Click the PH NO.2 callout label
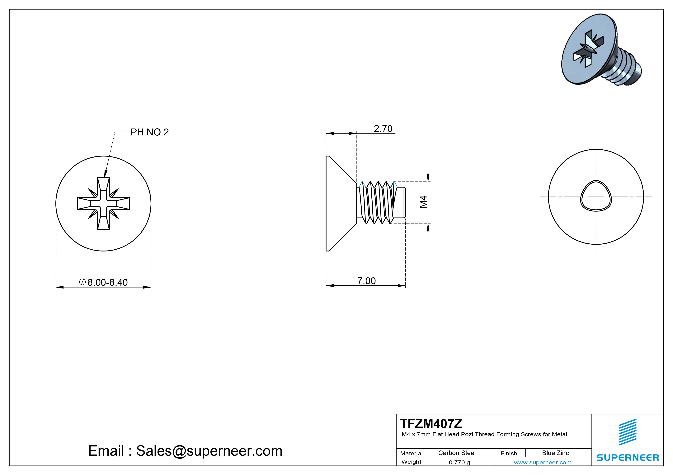[149, 132]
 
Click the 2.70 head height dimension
[383, 129]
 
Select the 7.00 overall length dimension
[366, 281]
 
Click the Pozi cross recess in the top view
[103, 203]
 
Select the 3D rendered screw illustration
[601, 53]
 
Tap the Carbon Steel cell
[457, 453]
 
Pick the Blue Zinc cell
[555, 453]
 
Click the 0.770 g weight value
[459, 462]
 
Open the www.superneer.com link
[543, 462]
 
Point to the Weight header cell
[411, 462]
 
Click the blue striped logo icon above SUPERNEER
[628, 432]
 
